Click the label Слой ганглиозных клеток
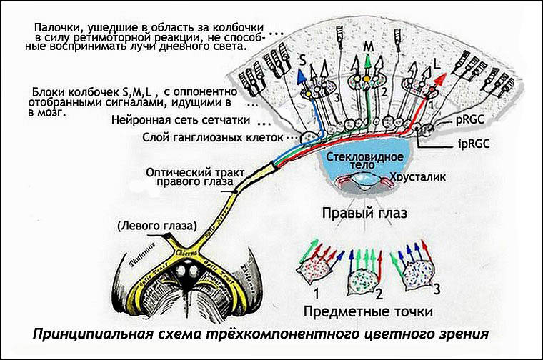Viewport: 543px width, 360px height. pyautogui.click(x=217, y=136)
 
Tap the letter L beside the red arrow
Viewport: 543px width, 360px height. pyautogui.click(x=437, y=64)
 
